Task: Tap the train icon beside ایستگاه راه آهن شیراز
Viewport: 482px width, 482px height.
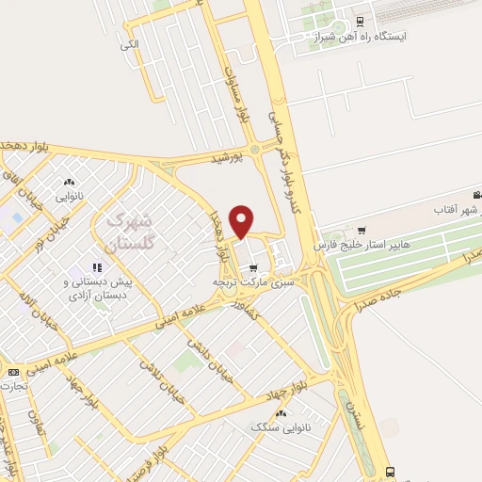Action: (361, 21)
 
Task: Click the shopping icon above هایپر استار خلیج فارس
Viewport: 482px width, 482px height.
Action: (361, 230)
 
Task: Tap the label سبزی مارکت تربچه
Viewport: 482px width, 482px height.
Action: (253, 281)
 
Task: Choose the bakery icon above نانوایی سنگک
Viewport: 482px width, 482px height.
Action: (280, 412)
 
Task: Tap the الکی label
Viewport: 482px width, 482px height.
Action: (129, 43)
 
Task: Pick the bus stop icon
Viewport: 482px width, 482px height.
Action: (390, 471)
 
